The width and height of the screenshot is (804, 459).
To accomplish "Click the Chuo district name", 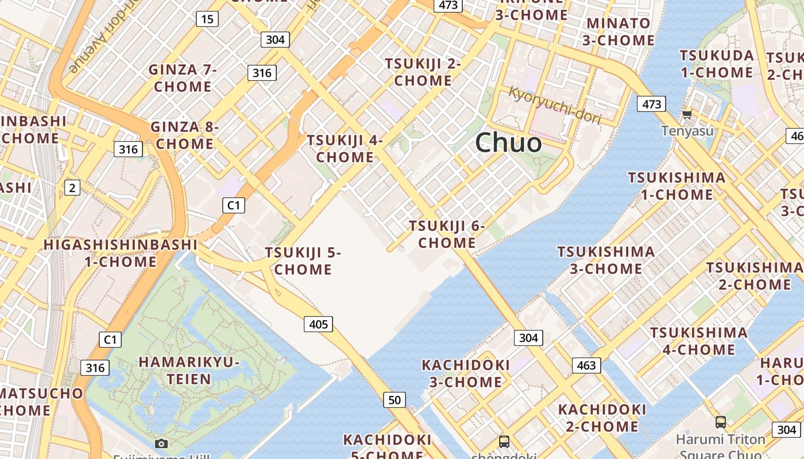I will pyautogui.click(x=508, y=142).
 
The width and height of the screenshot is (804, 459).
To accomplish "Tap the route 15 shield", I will pyautogui.click(x=207, y=19).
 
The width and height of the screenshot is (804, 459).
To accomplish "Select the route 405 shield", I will pyautogui.click(x=318, y=324).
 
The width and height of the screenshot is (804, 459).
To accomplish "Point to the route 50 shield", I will pyautogui.click(x=394, y=400).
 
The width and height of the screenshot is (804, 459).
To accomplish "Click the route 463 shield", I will pyautogui.click(x=586, y=365).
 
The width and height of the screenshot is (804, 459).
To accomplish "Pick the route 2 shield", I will pyautogui.click(x=72, y=187).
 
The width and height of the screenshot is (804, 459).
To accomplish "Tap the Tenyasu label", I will pyautogui.click(x=687, y=131).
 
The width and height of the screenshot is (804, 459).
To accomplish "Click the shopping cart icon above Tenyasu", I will pyautogui.click(x=687, y=114).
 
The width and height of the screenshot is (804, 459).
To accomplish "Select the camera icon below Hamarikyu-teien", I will pyautogui.click(x=161, y=444).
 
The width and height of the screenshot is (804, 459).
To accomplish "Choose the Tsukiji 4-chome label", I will pyautogui.click(x=345, y=149).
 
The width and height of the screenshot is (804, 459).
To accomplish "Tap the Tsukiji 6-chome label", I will pyautogui.click(x=447, y=234).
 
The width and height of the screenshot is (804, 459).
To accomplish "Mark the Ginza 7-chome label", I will pyautogui.click(x=183, y=78).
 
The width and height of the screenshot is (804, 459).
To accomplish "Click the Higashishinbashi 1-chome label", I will pyautogui.click(x=121, y=253).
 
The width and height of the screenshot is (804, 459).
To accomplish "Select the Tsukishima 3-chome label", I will pyautogui.click(x=606, y=260).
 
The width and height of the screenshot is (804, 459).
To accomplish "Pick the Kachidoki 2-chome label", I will pyautogui.click(x=602, y=418).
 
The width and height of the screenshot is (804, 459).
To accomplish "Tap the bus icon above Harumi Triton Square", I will pyautogui.click(x=720, y=422).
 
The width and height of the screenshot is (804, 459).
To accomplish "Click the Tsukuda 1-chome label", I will pyautogui.click(x=717, y=64).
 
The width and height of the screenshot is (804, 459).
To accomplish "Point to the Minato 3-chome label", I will pyautogui.click(x=619, y=32).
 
